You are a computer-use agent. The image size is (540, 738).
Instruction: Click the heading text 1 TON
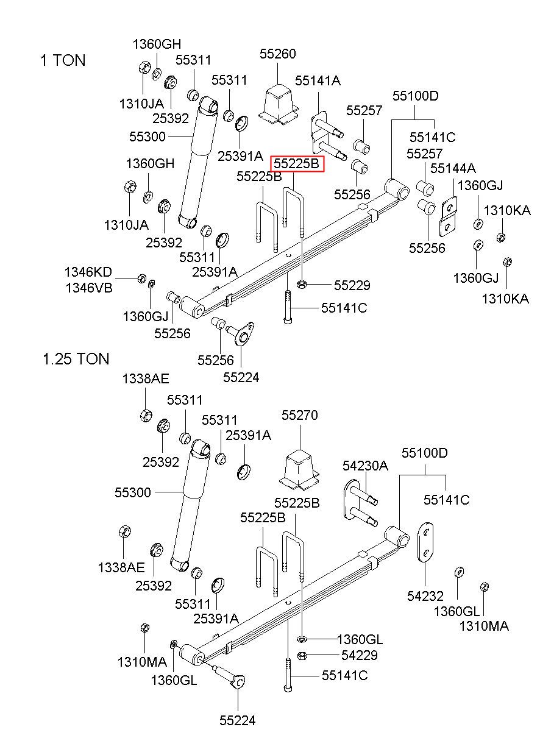[63, 60]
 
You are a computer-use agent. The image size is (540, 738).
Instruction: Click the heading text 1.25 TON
[76, 359]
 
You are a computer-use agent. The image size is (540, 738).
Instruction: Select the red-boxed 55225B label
[297, 163]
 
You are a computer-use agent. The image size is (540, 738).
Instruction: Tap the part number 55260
[278, 54]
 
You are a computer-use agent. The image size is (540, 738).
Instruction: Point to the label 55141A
[318, 80]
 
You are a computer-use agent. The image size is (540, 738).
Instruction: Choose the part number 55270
[299, 415]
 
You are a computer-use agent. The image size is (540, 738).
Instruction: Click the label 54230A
[365, 466]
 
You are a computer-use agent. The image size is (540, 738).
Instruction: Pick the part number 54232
[425, 596]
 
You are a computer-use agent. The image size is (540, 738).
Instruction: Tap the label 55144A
[453, 168]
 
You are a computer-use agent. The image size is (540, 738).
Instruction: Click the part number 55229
[352, 285]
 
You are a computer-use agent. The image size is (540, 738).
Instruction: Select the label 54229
[360, 655]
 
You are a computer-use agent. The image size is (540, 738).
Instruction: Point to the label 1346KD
[88, 272]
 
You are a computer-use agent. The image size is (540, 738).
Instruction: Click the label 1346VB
[89, 288]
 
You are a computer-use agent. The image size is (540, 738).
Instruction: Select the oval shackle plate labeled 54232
[425, 542]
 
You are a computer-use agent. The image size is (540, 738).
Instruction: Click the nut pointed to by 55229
[301, 283]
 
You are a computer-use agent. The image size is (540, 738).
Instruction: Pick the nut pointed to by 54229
[301, 656]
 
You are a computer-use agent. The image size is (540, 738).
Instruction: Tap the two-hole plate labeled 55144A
[449, 216]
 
